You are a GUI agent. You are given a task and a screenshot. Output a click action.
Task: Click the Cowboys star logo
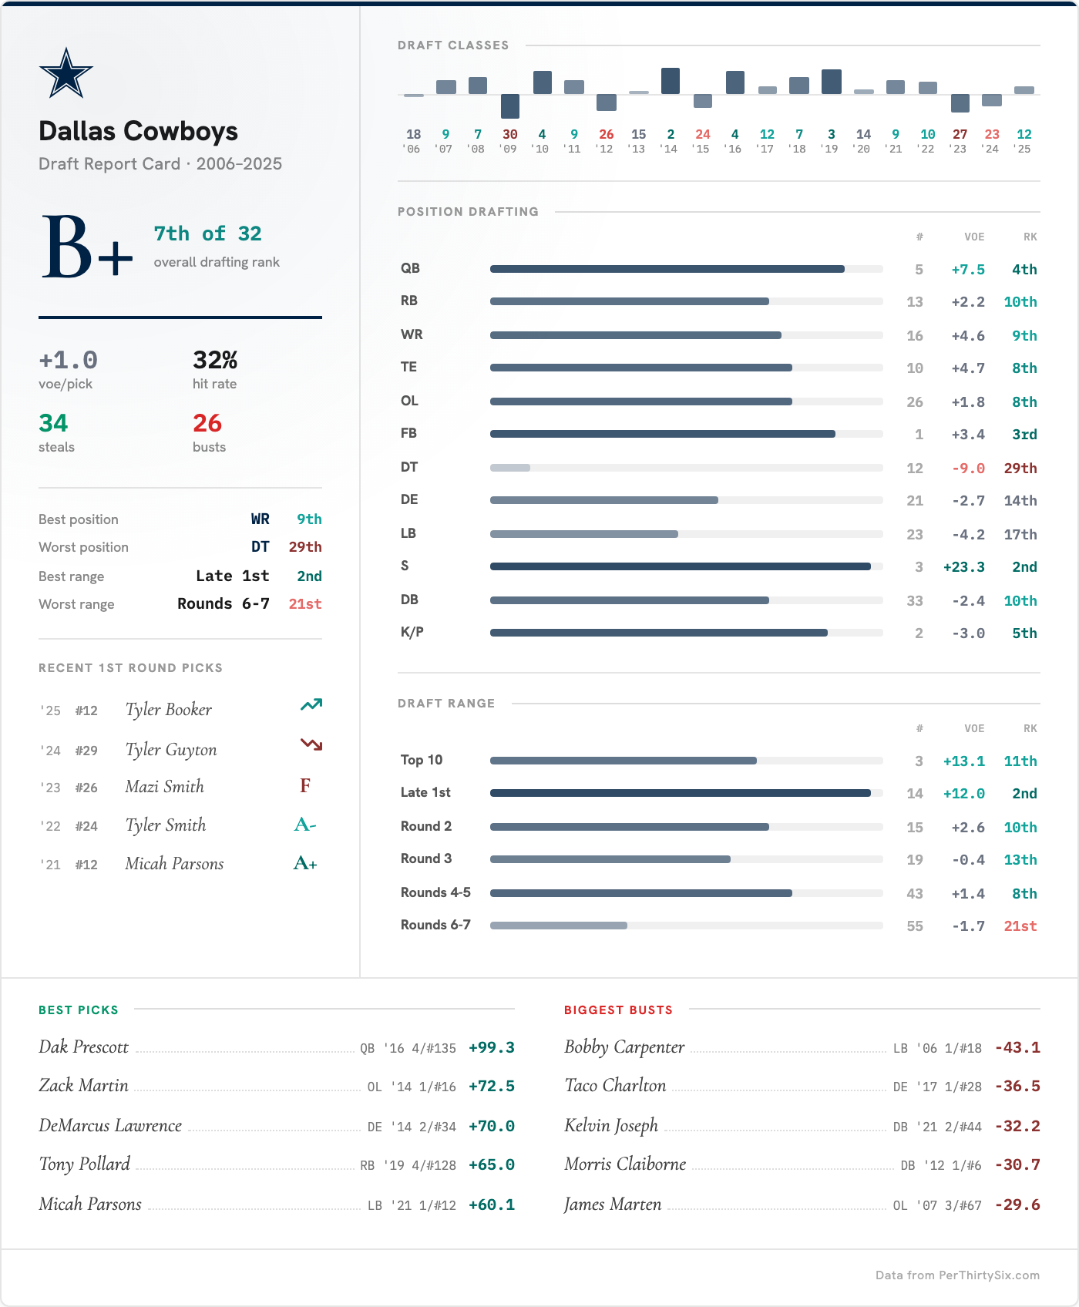coord(66,73)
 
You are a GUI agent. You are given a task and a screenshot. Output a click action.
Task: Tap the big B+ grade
coord(86,247)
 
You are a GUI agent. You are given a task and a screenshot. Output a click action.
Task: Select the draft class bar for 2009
coord(510,106)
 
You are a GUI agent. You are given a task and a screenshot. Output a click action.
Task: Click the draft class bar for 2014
coord(671,81)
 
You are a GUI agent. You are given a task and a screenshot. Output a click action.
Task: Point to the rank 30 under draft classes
coord(509,134)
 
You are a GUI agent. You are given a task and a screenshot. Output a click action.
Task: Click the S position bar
coord(680,566)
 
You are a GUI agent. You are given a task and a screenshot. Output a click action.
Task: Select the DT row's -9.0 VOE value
coord(968,468)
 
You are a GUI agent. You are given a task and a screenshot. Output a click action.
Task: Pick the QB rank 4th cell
coord(1024,269)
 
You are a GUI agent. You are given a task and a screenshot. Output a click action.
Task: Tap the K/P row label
coord(412,632)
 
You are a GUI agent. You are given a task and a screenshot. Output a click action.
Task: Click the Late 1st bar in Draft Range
coord(680,793)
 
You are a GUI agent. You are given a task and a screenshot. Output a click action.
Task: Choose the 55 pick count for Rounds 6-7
coord(914,926)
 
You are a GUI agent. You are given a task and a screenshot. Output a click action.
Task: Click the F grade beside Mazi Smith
coord(305,785)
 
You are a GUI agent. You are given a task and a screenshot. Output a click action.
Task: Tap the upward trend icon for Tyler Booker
coord(311,704)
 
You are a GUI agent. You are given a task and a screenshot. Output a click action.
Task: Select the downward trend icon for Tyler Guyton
coord(311,744)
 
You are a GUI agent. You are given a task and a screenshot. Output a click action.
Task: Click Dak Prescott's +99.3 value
coord(491,1047)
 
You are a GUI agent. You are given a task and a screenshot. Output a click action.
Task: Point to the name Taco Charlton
coord(615,1085)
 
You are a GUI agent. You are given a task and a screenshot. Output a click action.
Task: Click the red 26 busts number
coord(207,423)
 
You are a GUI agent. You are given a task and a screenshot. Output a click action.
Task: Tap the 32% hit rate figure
coord(215,360)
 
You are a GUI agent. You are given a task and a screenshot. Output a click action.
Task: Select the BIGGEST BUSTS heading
coord(618,1010)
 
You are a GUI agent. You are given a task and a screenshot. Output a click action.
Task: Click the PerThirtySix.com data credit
coord(957,1275)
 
